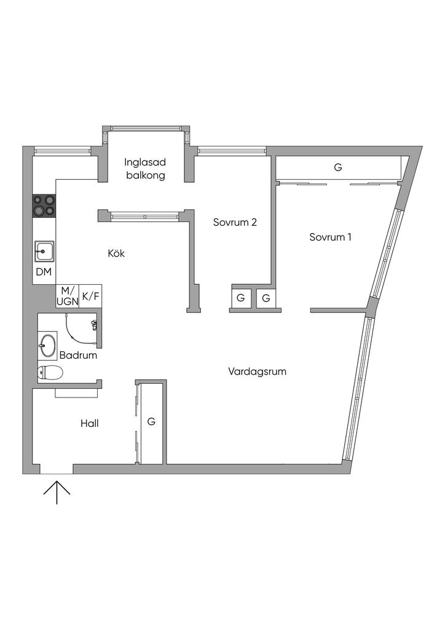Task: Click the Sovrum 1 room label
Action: [330, 237]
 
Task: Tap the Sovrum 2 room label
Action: [235, 222]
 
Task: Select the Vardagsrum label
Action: [257, 372]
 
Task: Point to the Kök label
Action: [116, 253]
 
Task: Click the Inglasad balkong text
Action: [145, 169]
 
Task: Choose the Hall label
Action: [90, 423]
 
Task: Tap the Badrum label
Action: [78, 355]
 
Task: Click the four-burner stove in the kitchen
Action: [44, 205]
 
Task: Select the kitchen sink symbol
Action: [44, 252]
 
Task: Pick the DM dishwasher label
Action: [44, 272]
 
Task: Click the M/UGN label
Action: [67, 296]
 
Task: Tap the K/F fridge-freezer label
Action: [90, 297]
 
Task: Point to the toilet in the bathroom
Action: [50, 373]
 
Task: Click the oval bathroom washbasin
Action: [48, 346]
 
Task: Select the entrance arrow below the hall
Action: [57, 492]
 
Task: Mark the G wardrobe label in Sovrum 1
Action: [338, 167]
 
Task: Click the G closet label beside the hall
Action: [151, 421]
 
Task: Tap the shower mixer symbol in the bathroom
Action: [94, 325]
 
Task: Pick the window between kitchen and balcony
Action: [145, 216]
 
